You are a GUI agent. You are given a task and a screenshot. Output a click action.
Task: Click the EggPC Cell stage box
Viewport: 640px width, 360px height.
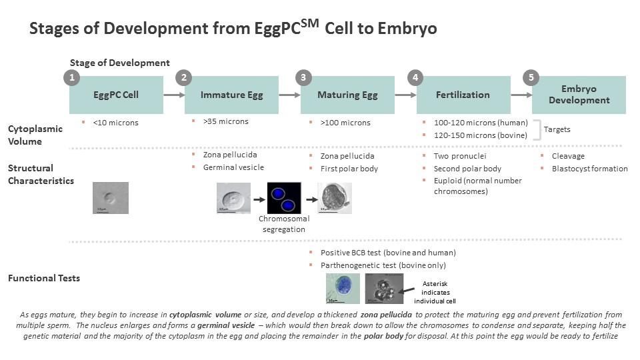click(x=116, y=95)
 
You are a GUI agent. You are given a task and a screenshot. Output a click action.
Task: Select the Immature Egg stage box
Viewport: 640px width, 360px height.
click(x=232, y=95)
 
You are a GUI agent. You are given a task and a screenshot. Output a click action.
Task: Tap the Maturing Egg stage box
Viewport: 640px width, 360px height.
click(x=347, y=95)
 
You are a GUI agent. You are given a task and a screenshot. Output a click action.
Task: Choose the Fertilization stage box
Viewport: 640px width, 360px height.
click(x=463, y=95)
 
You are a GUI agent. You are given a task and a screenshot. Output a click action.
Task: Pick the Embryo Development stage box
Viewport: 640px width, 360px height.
click(x=578, y=95)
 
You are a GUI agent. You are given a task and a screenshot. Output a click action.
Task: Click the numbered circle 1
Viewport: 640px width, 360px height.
click(x=71, y=77)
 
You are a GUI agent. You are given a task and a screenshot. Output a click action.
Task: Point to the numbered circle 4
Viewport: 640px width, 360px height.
click(x=417, y=77)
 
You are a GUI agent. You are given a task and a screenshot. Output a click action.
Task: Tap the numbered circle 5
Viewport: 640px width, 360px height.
click(x=531, y=77)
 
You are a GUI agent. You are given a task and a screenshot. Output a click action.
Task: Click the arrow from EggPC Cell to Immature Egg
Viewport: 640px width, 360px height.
click(x=174, y=95)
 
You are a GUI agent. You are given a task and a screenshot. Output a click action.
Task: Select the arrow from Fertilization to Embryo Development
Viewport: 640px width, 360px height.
click(x=520, y=95)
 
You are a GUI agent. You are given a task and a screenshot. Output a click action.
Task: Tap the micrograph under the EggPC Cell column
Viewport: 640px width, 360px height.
click(x=110, y=198)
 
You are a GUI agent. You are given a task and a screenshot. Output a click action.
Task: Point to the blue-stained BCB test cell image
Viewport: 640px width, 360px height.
click(x=343, y=288)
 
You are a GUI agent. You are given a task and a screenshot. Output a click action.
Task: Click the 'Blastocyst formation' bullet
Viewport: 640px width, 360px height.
click(x=589, y=169)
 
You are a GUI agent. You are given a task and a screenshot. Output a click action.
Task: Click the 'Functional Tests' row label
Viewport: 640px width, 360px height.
click(x=44, y=278)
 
